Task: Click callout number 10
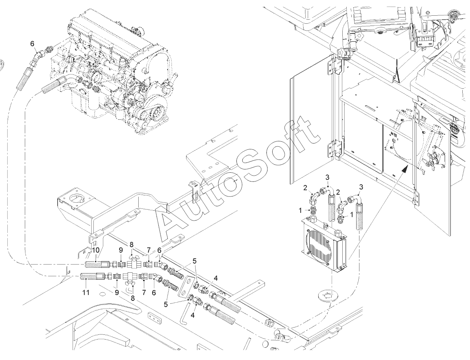(x=96, y=250)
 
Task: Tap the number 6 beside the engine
(x=32, y=43)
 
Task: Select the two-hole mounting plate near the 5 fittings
(x=185, y=286)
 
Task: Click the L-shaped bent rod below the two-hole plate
(x=185, y=313)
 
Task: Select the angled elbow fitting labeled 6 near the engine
(x=37, y=57)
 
